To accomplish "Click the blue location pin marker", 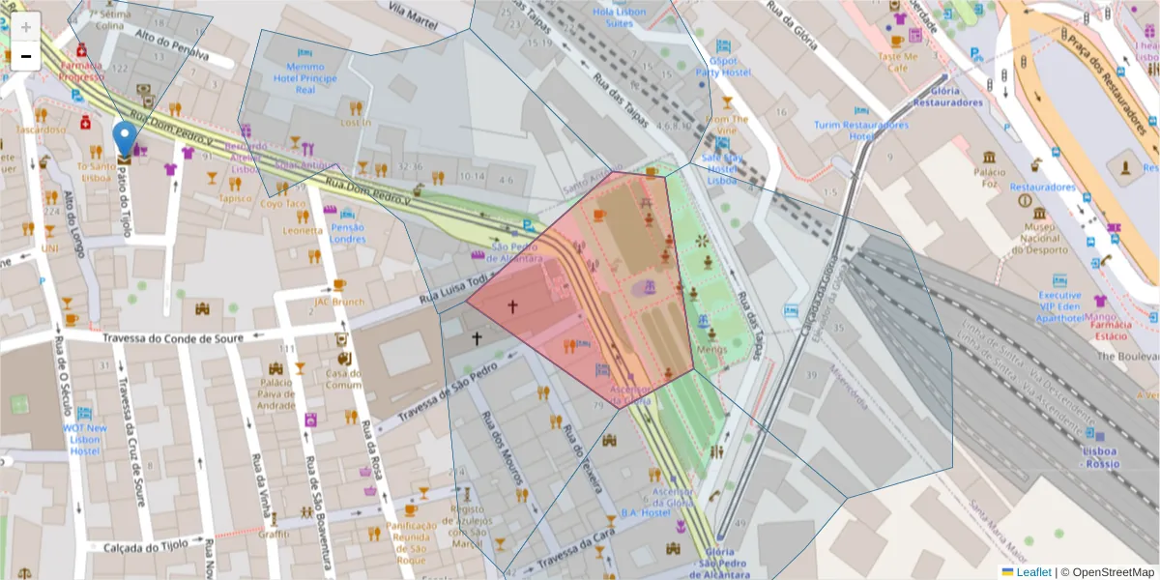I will click(x=124, y=139).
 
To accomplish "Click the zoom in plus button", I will click(x=25, y=26).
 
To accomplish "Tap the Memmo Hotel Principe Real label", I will click(x=305, y=77).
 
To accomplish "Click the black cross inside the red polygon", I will click(x=512, y=306).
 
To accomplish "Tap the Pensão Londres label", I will click(x=347, y=232).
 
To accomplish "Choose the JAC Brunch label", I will click(x=338, y=301).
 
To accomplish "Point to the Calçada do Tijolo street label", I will click(x=146, y=547).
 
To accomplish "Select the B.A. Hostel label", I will click(x=645, y=512).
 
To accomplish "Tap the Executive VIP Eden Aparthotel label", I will click(x=1059, y=304).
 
